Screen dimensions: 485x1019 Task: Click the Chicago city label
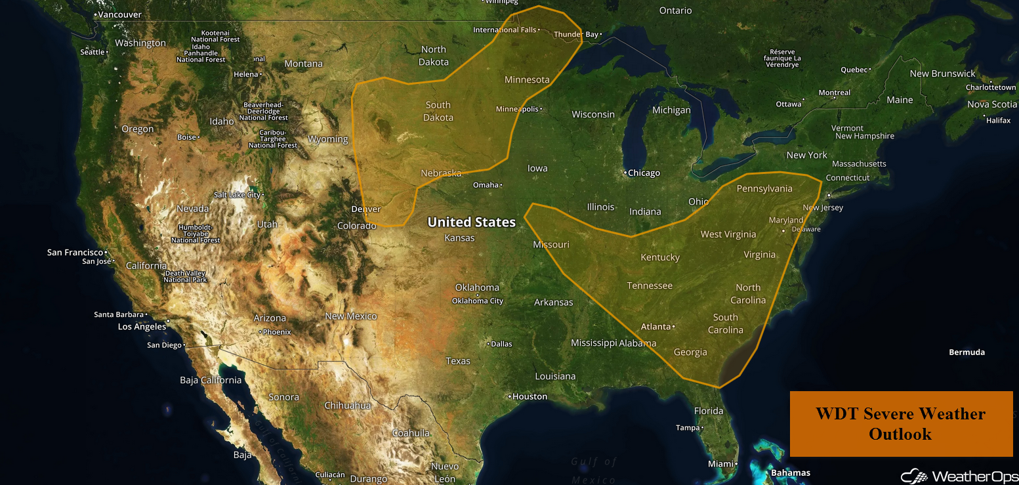pyautogui.click(x=644, y=173)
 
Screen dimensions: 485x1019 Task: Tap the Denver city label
pyautogui.click(x=366, y=209)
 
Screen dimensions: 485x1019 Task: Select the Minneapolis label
pyautogui.click(x=517, y=109)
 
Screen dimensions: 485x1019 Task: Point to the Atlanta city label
pyautogui.click(x=655, y=327)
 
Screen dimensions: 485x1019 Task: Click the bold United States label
pyautogui.click(x=471, y=222)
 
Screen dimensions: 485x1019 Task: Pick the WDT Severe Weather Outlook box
pyautogui.click(x=901, y=423)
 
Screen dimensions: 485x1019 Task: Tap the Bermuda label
pyautogui.click(x=967, y=352)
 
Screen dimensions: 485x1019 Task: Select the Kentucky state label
pyautogui.click(x=660, y=257)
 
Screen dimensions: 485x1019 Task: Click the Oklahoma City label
pyautogui.click(x=477, y=301)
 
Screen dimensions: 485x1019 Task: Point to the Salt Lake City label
pyautogui.click(x=238, y=195)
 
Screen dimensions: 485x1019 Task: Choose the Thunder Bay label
pyautogui.click(x=576, y=34)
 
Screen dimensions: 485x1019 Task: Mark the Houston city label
pyautogui.click(x=530, y=396)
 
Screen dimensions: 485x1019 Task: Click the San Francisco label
pyautogui.click(x=75, y=253)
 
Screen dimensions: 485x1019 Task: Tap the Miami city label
pyautogui.click(x=720, y=464)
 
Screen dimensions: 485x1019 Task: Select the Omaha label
pyautogui.click(x=486, y=185)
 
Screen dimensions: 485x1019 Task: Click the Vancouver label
pyautogui.click(x=119, y=14)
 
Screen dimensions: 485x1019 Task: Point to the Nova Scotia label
pyautogui.click(x=991, y=104)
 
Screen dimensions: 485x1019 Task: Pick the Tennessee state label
pyautogui.click(x=650, y=285)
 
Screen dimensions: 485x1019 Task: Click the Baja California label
pyautogui.click(x=211, y=380)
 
